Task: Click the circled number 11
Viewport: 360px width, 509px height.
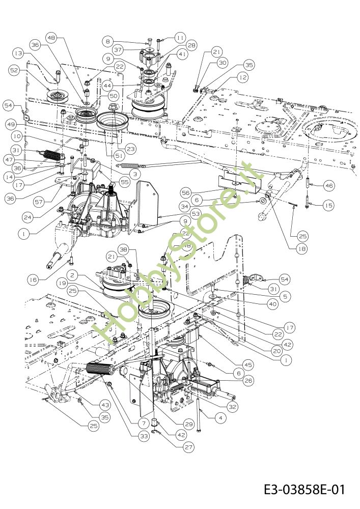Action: pyautogui.click(x=181, y=38)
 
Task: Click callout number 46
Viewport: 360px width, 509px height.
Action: pyautogui.click(x=329, y=186)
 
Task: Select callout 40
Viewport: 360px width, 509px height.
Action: pyautogui.click(x=272, y=304)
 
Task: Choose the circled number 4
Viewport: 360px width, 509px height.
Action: pyautogui.click(x=220, y=418)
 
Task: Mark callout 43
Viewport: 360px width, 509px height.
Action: pyautogui.click(x=105, y=405)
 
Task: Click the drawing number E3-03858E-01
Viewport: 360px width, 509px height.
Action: pyautogui.click(x=304, y=490)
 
